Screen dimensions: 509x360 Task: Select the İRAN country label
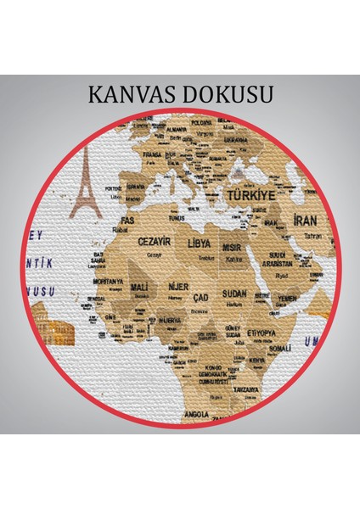[x=305, y=219]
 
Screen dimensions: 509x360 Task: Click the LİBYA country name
[x=201, y=243]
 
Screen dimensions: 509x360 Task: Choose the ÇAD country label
[x=201, y=299]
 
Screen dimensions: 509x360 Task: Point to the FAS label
[x=121, y=221]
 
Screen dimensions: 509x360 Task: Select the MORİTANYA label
[x=107, y=281]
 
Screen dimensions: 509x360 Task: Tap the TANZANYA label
[x=246, y=389]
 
